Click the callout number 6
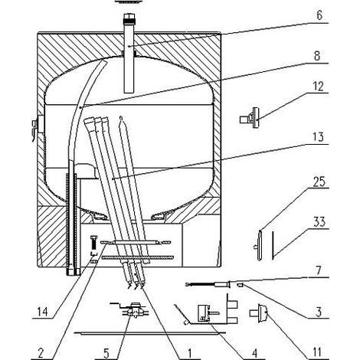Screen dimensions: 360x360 (319, 15)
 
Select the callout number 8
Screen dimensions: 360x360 (317, 55)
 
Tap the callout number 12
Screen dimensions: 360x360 (318, 87)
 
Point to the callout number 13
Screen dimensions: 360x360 (318, 137)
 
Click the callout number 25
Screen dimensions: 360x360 (319, 182)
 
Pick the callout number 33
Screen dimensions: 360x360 (319, 222)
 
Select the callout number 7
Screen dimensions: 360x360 (319, 271)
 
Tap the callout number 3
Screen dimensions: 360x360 (319, 312)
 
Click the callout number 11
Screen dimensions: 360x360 (317, 352)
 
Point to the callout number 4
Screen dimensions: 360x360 (254, 352)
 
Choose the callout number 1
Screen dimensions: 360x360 (189, 353)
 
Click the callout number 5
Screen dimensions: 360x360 (106, 353)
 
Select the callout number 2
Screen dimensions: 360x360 (41, 353)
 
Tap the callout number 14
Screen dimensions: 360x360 (42, 312)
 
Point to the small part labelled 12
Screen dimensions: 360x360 (250, 118)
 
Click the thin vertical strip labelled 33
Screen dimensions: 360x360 (273, 245)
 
